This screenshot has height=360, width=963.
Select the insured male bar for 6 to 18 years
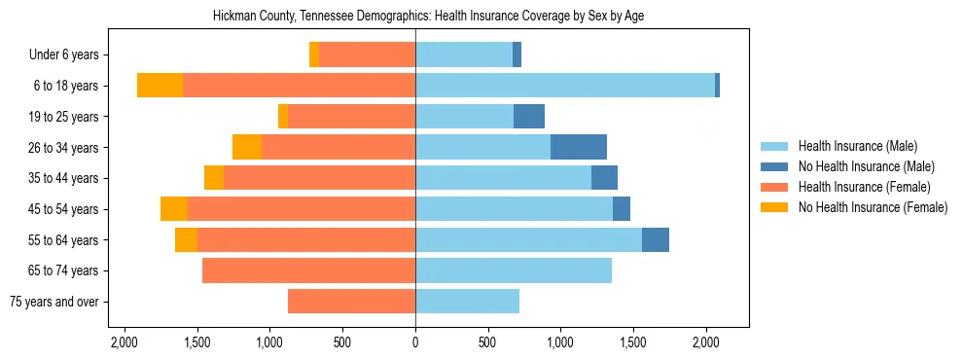(565, 86)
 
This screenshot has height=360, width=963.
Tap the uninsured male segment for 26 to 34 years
(579, 147)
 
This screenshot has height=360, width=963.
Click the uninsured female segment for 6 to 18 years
(160, 86)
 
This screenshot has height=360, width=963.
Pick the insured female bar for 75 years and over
(351, 302)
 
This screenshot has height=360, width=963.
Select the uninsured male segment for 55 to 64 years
(656, 239)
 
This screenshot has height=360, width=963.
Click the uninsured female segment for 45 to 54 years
(174, 209)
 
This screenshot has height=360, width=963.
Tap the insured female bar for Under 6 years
(367, 54)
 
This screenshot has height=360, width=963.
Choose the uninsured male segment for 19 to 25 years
(529, 117)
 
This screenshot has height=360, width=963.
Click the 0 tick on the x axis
(415, 342)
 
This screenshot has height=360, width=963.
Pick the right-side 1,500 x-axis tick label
(633, 342)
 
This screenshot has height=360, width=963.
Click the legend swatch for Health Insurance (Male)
(774, 146)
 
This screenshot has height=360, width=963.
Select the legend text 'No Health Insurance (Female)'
(873, 207)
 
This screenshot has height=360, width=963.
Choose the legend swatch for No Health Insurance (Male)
(774, 166)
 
